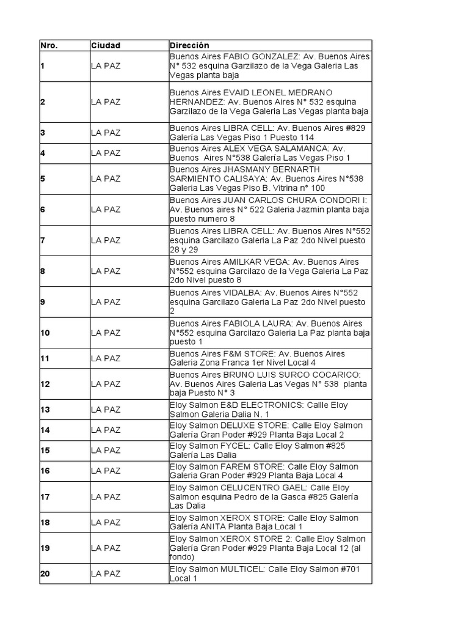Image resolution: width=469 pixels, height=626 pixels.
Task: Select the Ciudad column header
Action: pos(106,46)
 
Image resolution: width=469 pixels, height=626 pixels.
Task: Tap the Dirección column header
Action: pos(189,46)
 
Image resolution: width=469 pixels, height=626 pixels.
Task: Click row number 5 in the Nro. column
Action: pos(43,179)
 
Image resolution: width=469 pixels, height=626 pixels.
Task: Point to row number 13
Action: pos(45,410)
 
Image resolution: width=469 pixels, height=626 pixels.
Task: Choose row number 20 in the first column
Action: pos(45,573)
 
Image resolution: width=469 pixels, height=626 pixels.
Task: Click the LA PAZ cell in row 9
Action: pos(106,302)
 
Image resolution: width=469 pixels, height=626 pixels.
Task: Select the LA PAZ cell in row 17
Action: pos(106,496)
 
